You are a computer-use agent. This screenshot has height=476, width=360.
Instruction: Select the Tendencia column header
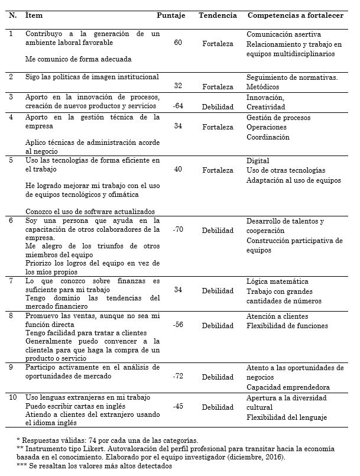click(218, 15)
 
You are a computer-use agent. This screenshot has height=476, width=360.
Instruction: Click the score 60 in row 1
click(178, 43)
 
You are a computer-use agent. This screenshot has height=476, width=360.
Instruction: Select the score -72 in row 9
click(177, 376)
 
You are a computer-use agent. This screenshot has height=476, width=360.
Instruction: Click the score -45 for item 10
click(177, 407)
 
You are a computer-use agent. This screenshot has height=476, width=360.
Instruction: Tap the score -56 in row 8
click(177, 325)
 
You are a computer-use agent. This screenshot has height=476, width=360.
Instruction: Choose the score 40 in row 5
click(178, 170)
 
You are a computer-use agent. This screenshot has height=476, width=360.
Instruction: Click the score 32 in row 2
click(178, 86)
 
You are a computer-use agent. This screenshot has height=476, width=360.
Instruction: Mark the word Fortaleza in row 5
click(218, 170)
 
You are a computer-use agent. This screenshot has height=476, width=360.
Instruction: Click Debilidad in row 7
click(218, 291)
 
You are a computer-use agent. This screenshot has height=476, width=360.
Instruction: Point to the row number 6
click(11, 221)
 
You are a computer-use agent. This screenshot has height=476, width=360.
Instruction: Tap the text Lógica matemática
click(277, 281)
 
